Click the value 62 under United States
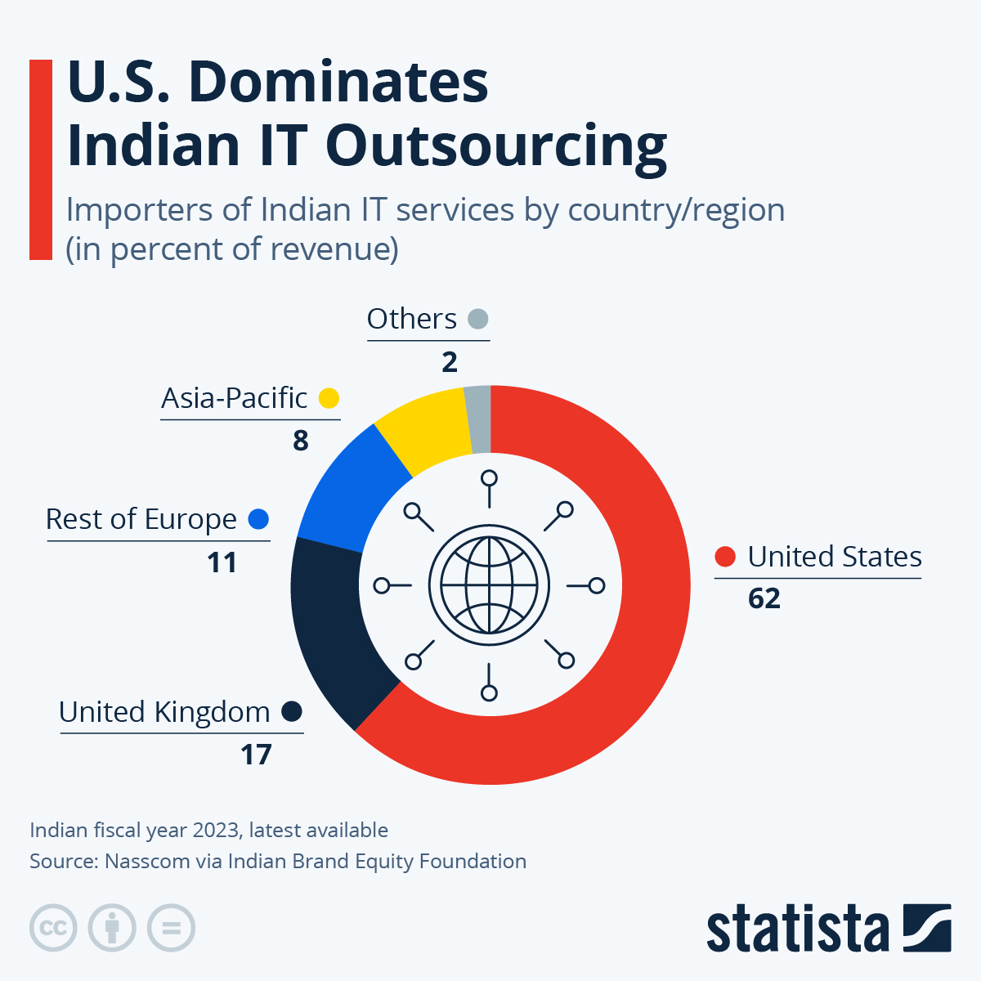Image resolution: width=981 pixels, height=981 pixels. [764, 598]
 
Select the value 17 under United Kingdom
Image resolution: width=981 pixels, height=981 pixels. [256, 755]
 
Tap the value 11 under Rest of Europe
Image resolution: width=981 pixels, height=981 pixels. [222, 562]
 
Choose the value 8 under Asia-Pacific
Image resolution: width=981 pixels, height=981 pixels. [301, 441]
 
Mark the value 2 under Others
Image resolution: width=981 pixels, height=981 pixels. [450, 362]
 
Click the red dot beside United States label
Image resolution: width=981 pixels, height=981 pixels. [725, 557]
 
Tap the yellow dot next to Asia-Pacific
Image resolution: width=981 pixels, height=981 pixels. [329, 398]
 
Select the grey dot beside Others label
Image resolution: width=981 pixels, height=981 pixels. [478, 319]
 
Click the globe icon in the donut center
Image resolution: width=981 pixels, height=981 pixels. [489, 585]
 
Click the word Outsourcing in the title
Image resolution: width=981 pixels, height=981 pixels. [496, 146]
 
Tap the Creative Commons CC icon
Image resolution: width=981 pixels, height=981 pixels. [53, 929]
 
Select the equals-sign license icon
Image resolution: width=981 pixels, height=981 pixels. [171, 929]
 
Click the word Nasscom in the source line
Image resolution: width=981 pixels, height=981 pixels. [147, 862]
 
